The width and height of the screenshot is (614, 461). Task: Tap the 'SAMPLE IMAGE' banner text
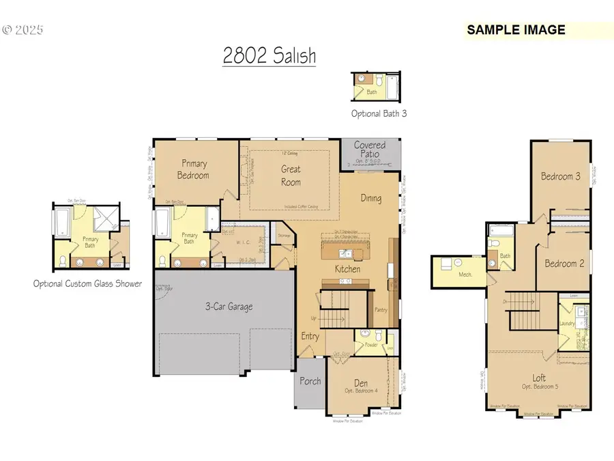(x=516, y=30)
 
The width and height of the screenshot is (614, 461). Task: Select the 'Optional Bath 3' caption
(x=379, y=114)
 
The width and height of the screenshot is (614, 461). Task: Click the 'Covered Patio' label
(x=369, y=150)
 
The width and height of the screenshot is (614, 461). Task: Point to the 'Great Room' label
(x=291, y=176)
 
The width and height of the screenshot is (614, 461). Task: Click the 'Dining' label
(x=371, y=198)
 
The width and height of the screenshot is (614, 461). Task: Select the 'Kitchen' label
(x=347, y=269)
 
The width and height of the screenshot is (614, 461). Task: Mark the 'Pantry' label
(x=382, y=309)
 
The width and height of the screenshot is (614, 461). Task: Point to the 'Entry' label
(x=310, y=336)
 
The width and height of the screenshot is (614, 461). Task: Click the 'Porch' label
(x=310, y=381)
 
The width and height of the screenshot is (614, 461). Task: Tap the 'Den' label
(x=360, y=383)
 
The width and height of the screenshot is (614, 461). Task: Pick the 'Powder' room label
(x=370, y=344)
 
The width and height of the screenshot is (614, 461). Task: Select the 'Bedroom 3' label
(x=561, y=176)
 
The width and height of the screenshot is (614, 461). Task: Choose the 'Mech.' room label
(x=466, y=274)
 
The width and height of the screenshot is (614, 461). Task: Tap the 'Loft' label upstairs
(x=539, y=377)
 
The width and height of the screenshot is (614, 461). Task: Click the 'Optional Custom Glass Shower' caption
(x=87, y=283)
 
